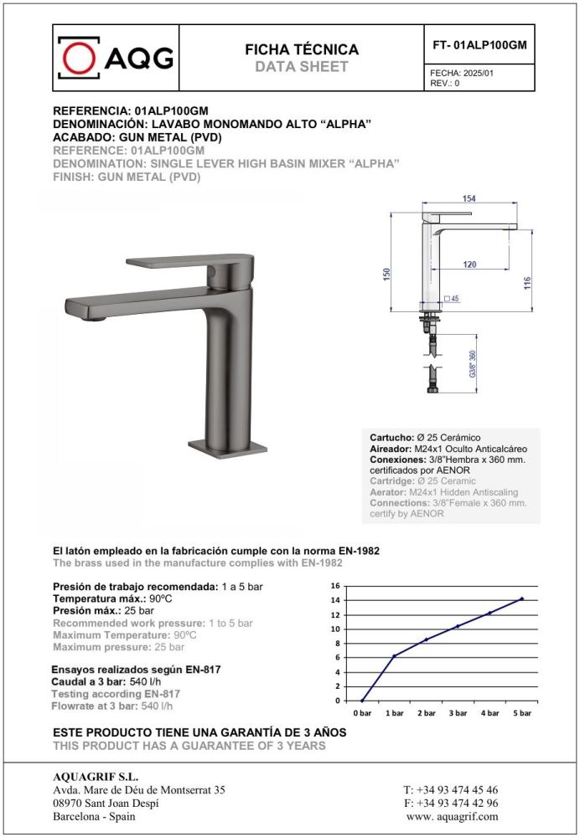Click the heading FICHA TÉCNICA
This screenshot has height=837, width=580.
(x=301, y=49)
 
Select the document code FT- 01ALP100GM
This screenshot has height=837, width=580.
(x=479, y=45)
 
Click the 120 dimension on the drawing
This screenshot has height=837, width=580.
(x=469, y=264)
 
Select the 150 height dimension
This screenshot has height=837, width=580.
(x=387, y=275)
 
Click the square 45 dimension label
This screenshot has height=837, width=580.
(x=453, y=298)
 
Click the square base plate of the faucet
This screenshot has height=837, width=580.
(x=227, y=448)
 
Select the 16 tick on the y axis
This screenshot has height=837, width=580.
(x=336, y=586)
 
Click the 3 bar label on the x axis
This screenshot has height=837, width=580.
(x=458, y=712)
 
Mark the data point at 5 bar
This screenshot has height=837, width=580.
(x=521, y=598)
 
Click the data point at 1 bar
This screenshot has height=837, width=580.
(x=394, y=655)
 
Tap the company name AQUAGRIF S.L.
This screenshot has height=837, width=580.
(x=90, y=775)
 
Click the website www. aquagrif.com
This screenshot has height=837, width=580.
(x=452, y=816)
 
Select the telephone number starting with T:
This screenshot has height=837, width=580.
(x=450, y=789)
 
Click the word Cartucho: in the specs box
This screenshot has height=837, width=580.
(x=391, y=438)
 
